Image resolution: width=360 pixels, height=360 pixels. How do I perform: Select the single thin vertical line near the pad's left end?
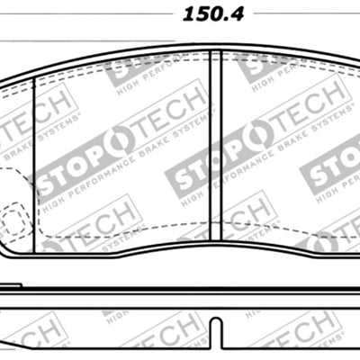click(33, 153)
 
